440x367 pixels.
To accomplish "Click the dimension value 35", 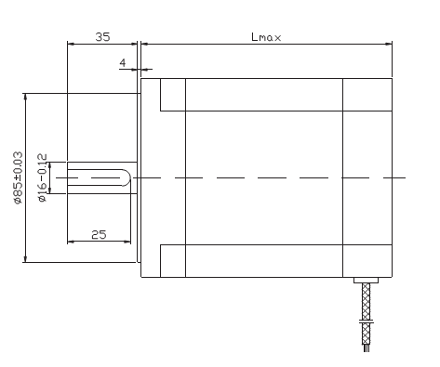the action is pyautogui.click(x=102, y=37).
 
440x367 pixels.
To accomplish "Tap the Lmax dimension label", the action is pyautogui.click(x=266, y=37).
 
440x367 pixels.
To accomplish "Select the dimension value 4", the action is pyautogui.click(x=123, y=63).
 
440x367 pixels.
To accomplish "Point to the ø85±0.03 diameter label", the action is pyautogui.click(x=18, y=177).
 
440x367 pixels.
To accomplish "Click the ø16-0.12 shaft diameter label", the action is pyautogui.click(x=43, y=177).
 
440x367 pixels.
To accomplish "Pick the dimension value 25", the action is pyautogui.click(x=99, y=235).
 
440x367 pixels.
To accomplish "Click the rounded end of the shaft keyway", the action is pyautogui.click(x=127, y=177).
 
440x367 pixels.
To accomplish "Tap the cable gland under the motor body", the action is pyautogui.click(x=367, y=281).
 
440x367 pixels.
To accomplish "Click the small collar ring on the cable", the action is pyautogui.click(x=367, y=322).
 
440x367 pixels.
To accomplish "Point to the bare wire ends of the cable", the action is pyautogui.click(x=367, y=348).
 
